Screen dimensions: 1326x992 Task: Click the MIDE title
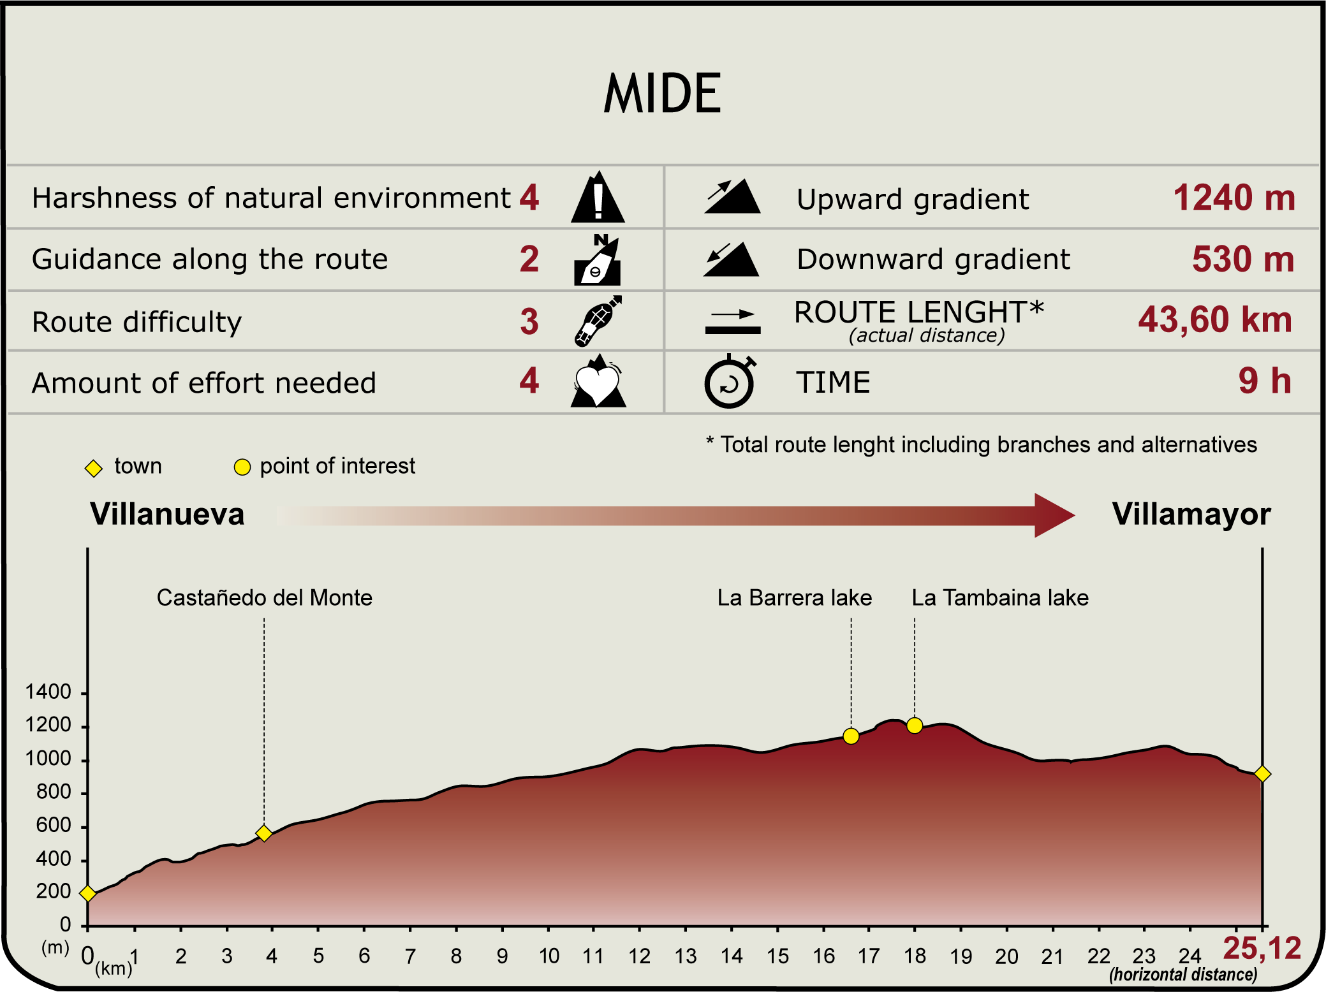(x=662, y=94)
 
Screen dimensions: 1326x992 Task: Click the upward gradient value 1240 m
(x=1234, y=198)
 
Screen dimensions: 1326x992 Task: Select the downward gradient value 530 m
(x=1243, y=259)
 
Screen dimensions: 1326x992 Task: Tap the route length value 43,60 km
(x=1215, y=320)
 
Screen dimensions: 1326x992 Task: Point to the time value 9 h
(x=1265, y=381)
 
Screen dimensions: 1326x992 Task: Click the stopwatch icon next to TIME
(x=730, y=381)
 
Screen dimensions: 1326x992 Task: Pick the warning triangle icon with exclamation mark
(x=598, y=197)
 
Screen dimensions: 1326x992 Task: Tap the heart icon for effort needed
(x=598, y=381)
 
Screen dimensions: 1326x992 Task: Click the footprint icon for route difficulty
(x=598, y=321)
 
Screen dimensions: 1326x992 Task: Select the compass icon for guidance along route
(x=598, y=259)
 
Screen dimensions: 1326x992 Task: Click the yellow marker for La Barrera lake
(x=851, y=736)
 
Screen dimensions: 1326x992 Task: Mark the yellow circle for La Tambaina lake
(x=915, y=726)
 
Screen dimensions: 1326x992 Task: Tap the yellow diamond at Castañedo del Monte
(x=264, y=833)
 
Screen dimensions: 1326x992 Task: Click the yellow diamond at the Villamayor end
(x=1262, y=774)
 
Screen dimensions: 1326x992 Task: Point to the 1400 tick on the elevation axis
(x=48, y=692)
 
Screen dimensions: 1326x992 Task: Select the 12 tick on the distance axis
(x=640, y=956)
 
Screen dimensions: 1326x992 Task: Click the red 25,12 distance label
(x=1262, y=949)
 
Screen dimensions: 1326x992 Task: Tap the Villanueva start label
(x=167, y=514)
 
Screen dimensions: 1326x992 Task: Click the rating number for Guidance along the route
(x=529, y=259)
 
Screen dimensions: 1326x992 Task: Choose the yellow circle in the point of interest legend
(x=242, y=467)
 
